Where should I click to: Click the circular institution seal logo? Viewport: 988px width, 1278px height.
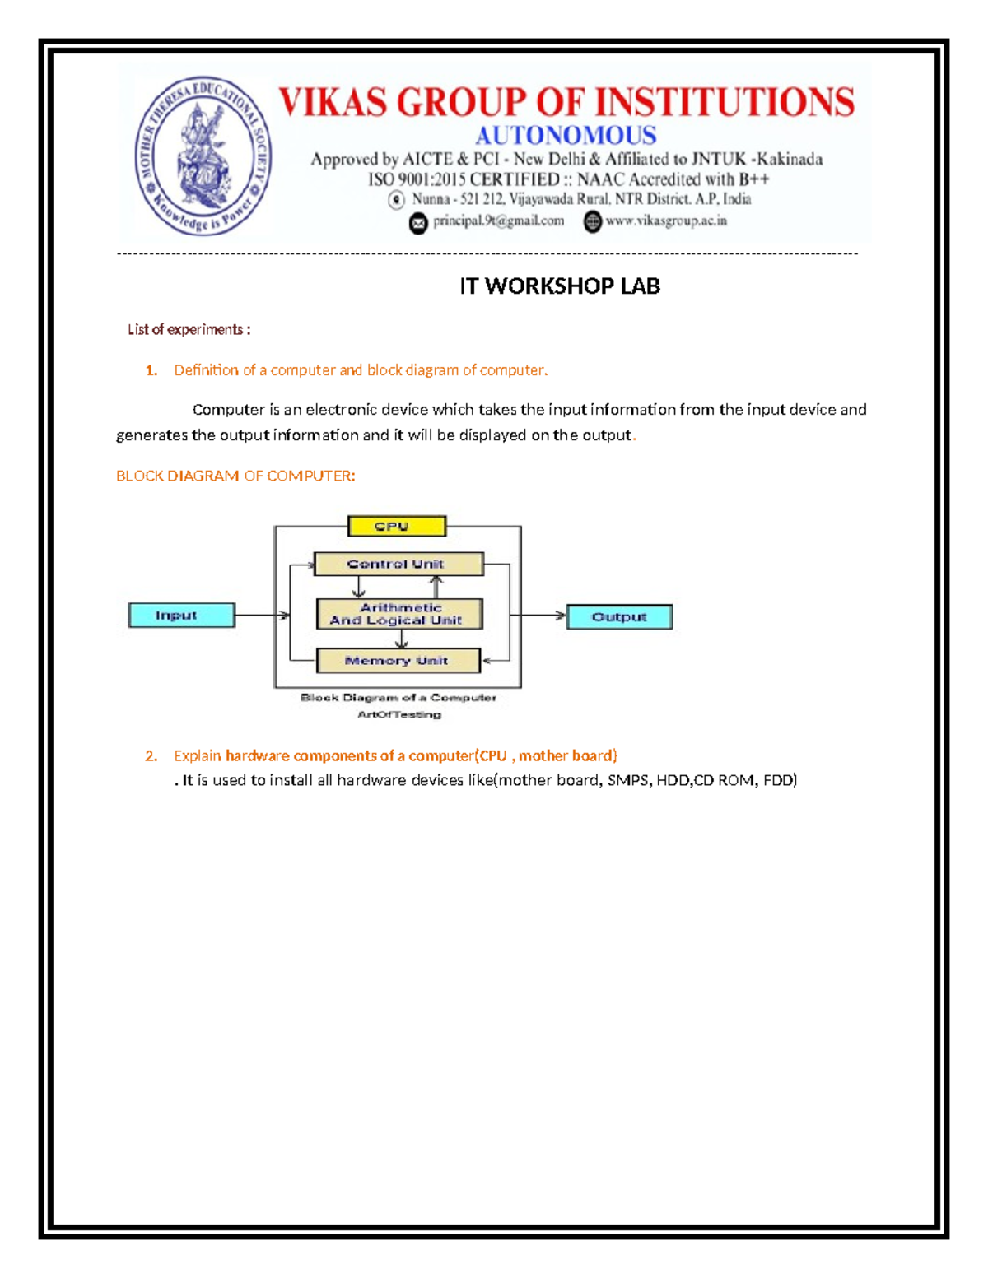point(203,156)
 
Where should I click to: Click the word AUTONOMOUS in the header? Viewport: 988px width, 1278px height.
point(566,135)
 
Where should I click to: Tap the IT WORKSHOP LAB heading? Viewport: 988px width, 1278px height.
point(559,286)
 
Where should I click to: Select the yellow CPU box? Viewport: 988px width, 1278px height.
point(397,526)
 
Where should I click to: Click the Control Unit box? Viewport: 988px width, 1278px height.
point(398,564)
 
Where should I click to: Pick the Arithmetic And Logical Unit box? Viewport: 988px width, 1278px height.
point(398,614)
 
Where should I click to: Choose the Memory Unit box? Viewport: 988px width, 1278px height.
point(398,660)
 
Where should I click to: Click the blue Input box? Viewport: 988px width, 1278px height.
point(181,615)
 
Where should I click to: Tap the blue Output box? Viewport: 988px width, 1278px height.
point(619,616)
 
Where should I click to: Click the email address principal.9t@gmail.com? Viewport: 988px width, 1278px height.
point(498,221)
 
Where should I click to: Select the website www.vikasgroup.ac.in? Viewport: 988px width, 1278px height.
point(666,221)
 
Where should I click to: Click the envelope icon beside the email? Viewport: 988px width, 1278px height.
point(418,222)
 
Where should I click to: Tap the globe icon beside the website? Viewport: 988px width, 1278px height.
point(592,221)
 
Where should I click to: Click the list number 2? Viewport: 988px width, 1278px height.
point(151,755)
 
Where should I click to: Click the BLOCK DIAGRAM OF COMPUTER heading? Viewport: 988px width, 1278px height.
point(235,476)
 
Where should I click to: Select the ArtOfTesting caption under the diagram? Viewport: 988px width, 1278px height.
point(399,714)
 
